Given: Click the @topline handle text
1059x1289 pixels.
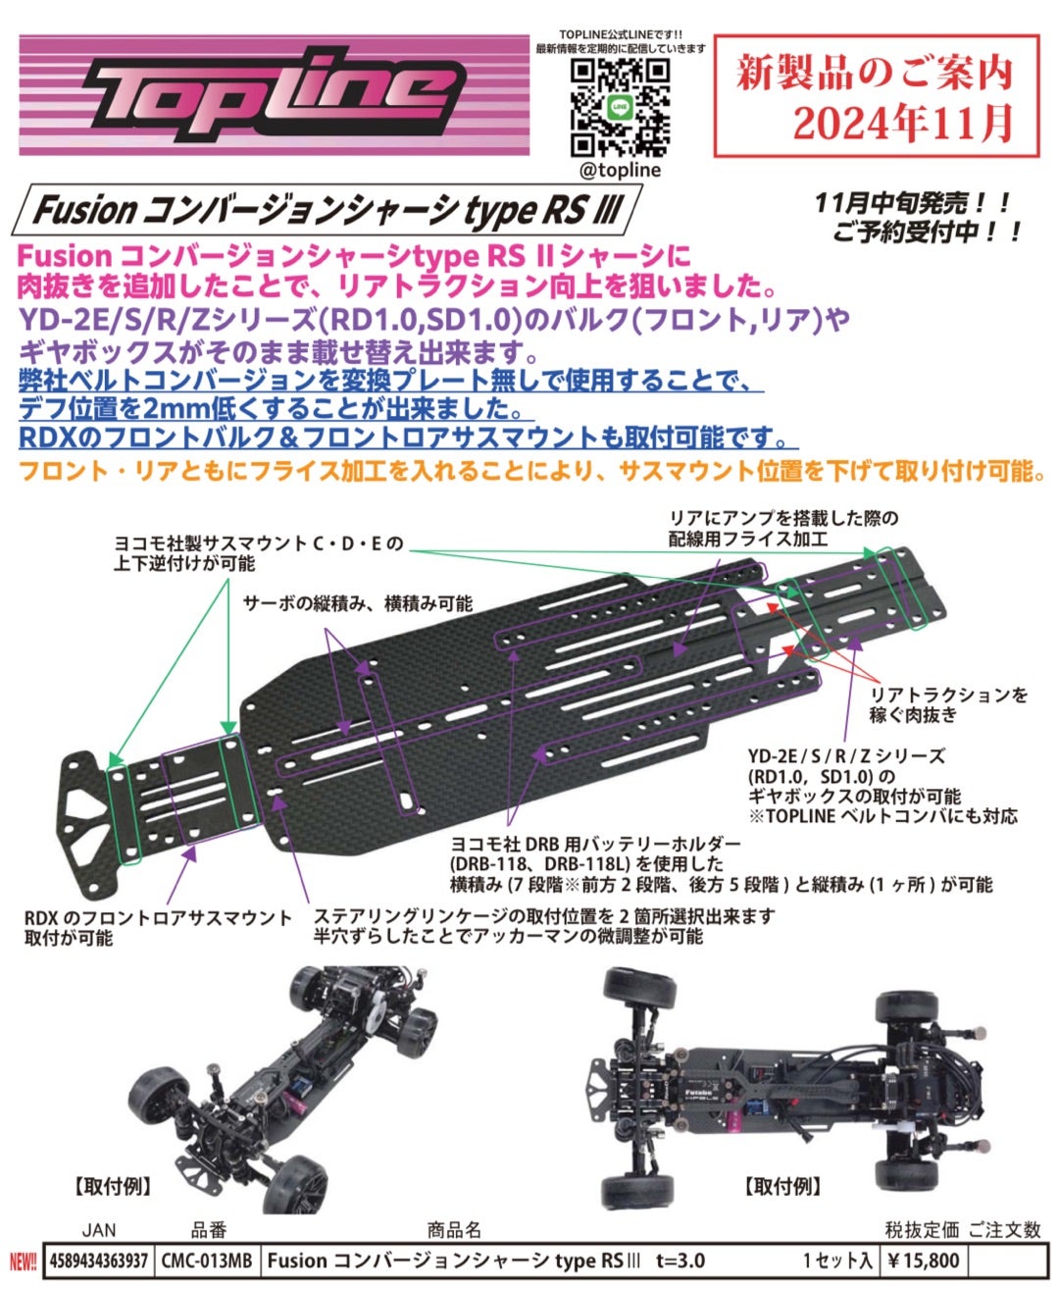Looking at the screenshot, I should pos(620,170).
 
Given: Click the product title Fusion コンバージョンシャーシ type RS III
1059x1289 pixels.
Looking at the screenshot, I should pos(327,210).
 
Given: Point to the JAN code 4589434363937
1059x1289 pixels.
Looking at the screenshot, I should pos(98,1261).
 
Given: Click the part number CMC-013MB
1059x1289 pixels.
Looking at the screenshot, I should pos(205,1261).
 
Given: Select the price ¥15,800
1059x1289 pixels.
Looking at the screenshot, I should pos(923,1261).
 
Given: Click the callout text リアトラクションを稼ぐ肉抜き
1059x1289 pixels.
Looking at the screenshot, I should pos(949,704).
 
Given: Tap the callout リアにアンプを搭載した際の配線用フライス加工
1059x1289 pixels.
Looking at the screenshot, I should pos(783,528).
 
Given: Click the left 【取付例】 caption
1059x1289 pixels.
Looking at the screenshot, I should pos(115,1186).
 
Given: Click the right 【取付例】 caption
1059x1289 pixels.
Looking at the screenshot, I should pos(782,1186).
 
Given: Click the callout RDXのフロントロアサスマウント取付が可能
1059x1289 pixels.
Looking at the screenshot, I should pos(157,927).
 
